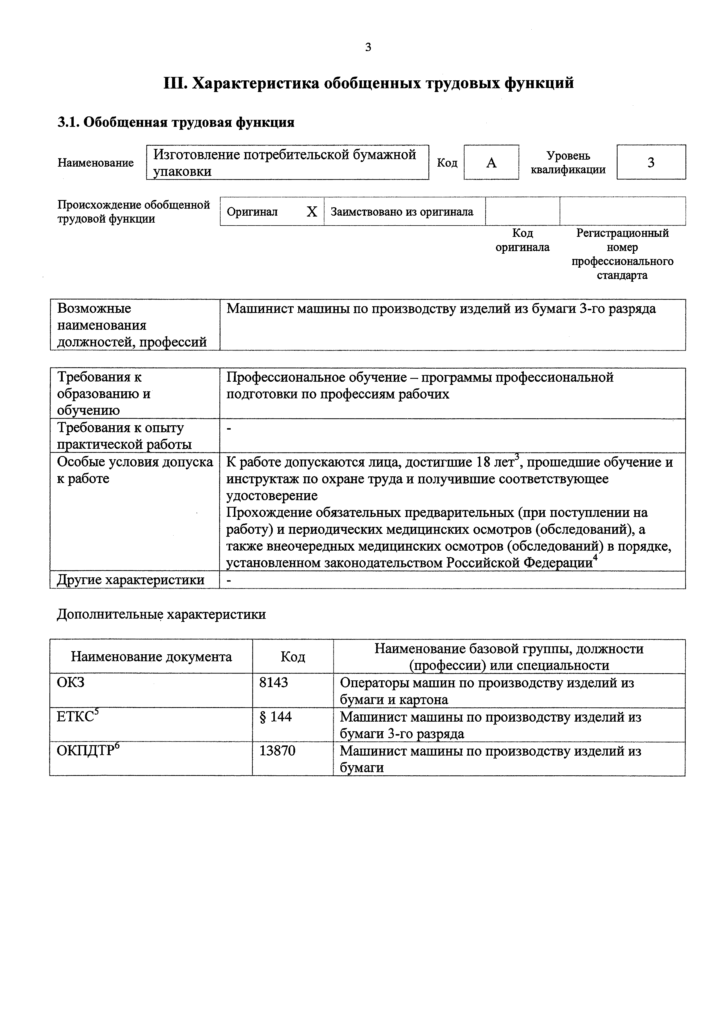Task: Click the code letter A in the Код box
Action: (491, 163)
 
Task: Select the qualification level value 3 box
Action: (651, 163)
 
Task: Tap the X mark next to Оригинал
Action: (312, 212)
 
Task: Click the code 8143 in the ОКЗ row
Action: (274, 682)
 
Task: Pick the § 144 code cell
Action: (276, 716)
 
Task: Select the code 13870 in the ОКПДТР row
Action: (277, 751)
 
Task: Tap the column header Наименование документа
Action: (151, 657)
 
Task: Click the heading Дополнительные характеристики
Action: (161, 614)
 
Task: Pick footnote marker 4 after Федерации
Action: (596, 558)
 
